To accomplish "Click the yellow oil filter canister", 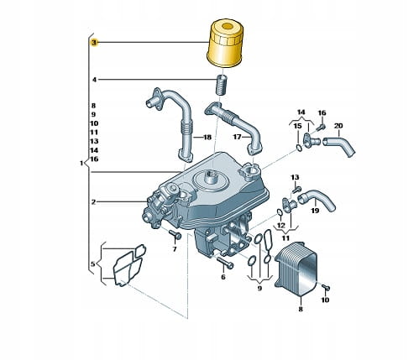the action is point(225,44).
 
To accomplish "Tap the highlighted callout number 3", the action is point(94,43).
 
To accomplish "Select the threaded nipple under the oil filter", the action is point(221,85).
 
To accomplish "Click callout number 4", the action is point(94,80).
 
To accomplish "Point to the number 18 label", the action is point(207,138).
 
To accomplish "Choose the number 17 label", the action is point(237,137).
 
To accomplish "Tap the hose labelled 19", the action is point(317,199).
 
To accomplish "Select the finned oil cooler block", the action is point(296,269).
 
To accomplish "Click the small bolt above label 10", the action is point(326,287).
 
